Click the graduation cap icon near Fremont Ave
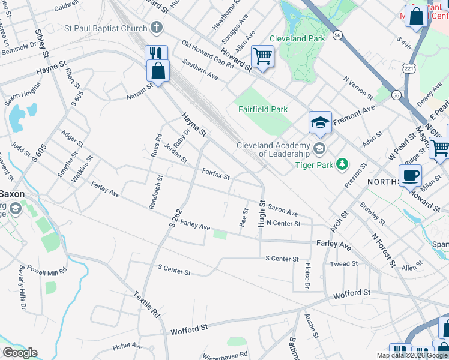(320, 123)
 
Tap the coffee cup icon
(410, 175)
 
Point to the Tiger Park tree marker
(342, 163)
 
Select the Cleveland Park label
(297, 38)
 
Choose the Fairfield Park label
(262, 109)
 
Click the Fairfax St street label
(215, 174)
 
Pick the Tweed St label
(343, 263)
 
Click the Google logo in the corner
(20, 353)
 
